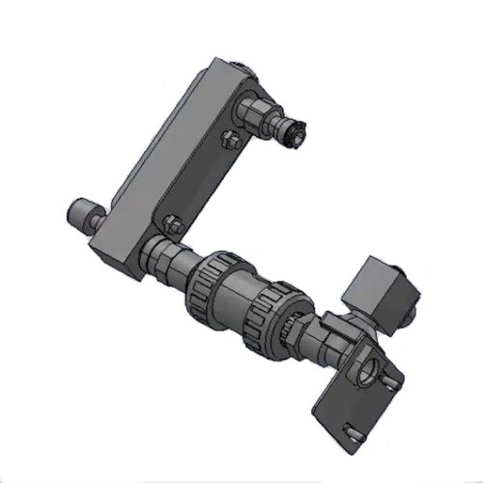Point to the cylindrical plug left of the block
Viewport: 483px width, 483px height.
[x=81, y=213]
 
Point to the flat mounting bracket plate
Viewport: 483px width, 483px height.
[x=359, y=404]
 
